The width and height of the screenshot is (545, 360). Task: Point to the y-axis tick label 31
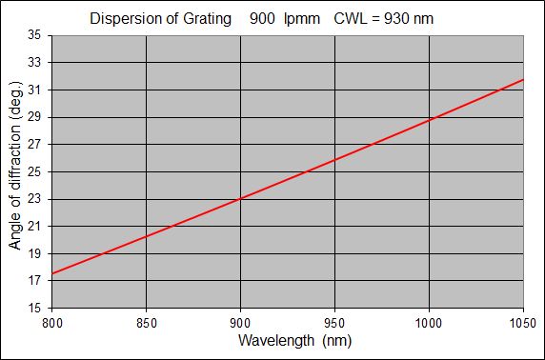34,90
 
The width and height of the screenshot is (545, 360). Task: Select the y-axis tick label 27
34,145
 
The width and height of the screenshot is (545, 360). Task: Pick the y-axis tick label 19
34,254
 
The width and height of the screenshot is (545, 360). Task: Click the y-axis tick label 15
34,309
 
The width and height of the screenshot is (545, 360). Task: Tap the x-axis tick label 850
146,323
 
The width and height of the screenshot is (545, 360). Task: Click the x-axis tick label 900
240,323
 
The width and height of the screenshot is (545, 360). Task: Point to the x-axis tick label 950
334,323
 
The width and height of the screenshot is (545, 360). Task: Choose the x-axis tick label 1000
429,323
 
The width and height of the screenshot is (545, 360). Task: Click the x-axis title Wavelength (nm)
287,340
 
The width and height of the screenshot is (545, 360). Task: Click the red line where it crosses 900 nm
240,198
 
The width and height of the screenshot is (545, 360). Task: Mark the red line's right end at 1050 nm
523,80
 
